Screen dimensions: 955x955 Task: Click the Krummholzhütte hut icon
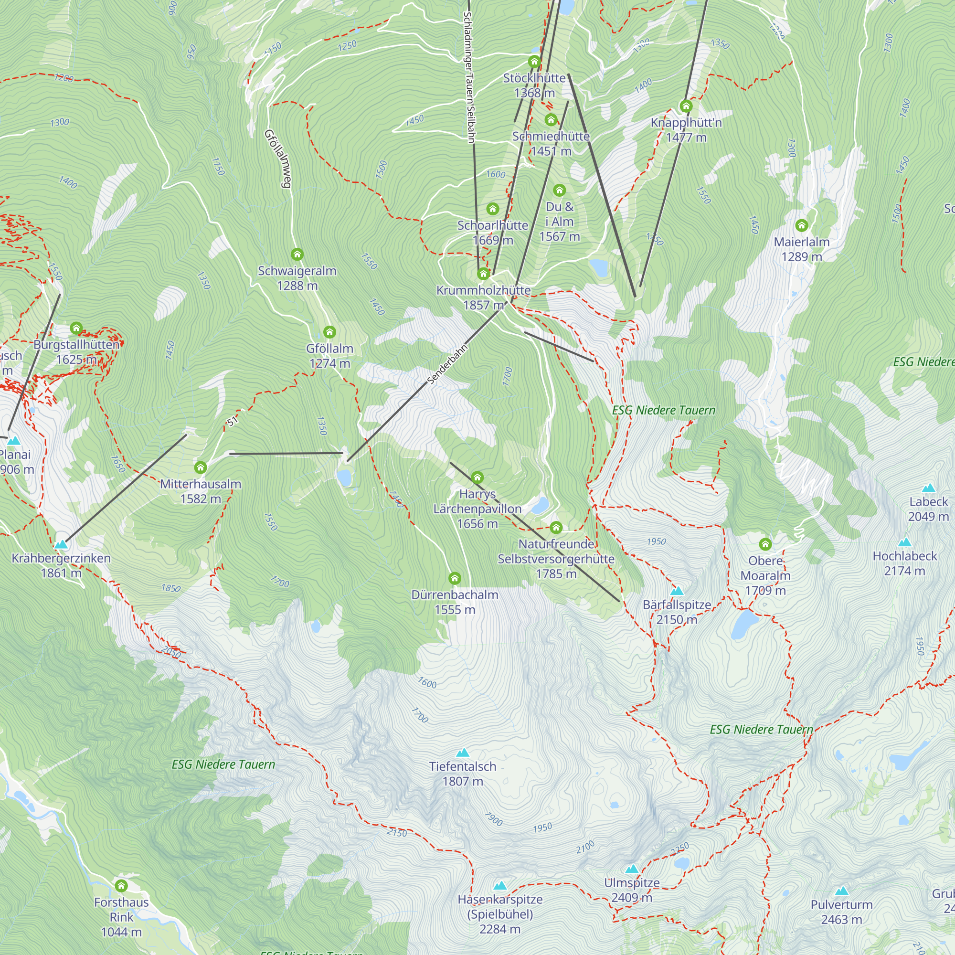point(483,273)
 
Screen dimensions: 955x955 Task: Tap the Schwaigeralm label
point(297,278)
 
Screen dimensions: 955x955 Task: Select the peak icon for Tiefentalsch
point(462,753)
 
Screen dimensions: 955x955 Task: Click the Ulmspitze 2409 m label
point(632,890)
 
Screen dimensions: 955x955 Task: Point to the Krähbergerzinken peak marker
point(61,545)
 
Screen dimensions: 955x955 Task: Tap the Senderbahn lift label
point(447,365)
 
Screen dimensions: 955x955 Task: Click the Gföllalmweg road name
point(278,158)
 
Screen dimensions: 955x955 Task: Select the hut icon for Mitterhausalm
point(200,467)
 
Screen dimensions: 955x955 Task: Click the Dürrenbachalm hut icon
point(454,578)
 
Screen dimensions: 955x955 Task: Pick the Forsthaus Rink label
point(121,917)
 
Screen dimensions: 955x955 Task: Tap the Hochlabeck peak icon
point(904,542)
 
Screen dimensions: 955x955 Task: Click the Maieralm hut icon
point(801,225)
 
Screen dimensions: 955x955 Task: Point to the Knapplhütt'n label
point(686,129)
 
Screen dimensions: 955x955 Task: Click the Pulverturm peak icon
point(841,891)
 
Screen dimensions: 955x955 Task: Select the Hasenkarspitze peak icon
point(500,886)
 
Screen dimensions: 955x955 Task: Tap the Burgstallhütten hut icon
point(75,328)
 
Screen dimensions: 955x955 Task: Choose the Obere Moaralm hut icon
point(765,544)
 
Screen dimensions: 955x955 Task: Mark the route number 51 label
point(233,421)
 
